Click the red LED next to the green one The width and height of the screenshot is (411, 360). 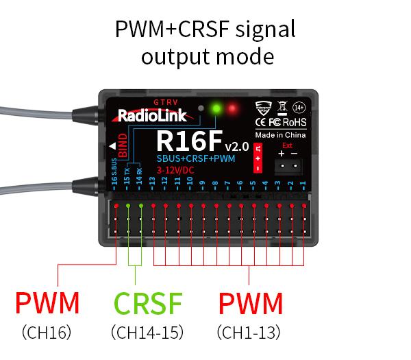233,108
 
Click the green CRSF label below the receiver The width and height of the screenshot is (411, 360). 148,303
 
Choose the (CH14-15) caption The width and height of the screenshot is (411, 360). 148,333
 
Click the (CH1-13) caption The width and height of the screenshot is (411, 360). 249,333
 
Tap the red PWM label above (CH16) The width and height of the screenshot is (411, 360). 47,303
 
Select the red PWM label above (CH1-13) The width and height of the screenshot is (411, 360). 250,303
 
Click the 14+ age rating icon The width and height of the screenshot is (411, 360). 299,107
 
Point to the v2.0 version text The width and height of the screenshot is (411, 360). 236,147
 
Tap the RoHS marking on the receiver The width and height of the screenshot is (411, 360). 296,122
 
